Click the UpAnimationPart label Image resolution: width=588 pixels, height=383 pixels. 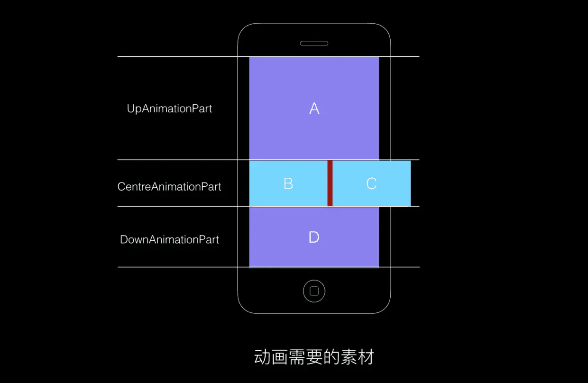[x=169, y=109]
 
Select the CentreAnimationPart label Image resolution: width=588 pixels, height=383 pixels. [x=169, y=186]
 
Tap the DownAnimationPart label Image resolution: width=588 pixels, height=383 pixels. [x=169, y=239]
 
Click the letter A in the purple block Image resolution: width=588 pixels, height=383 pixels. [x=314, y=109]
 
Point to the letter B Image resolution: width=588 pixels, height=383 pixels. [x=288, y=183]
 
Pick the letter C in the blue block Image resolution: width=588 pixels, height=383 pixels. [x=371, y=183]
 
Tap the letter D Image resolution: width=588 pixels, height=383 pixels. [x=314, y=237]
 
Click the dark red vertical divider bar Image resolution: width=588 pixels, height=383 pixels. [x=330, y=183]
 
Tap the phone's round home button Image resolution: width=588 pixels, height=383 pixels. [x=314, y=291]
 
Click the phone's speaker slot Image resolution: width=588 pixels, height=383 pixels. [x=314, y=44]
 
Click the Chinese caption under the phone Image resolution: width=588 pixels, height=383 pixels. [x=314, y=357]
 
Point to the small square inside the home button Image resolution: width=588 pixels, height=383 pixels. [x=314, y=291]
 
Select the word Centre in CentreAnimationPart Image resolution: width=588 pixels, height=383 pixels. [x=134, y=186]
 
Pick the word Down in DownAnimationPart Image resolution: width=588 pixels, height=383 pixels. [x=134, y=239]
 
